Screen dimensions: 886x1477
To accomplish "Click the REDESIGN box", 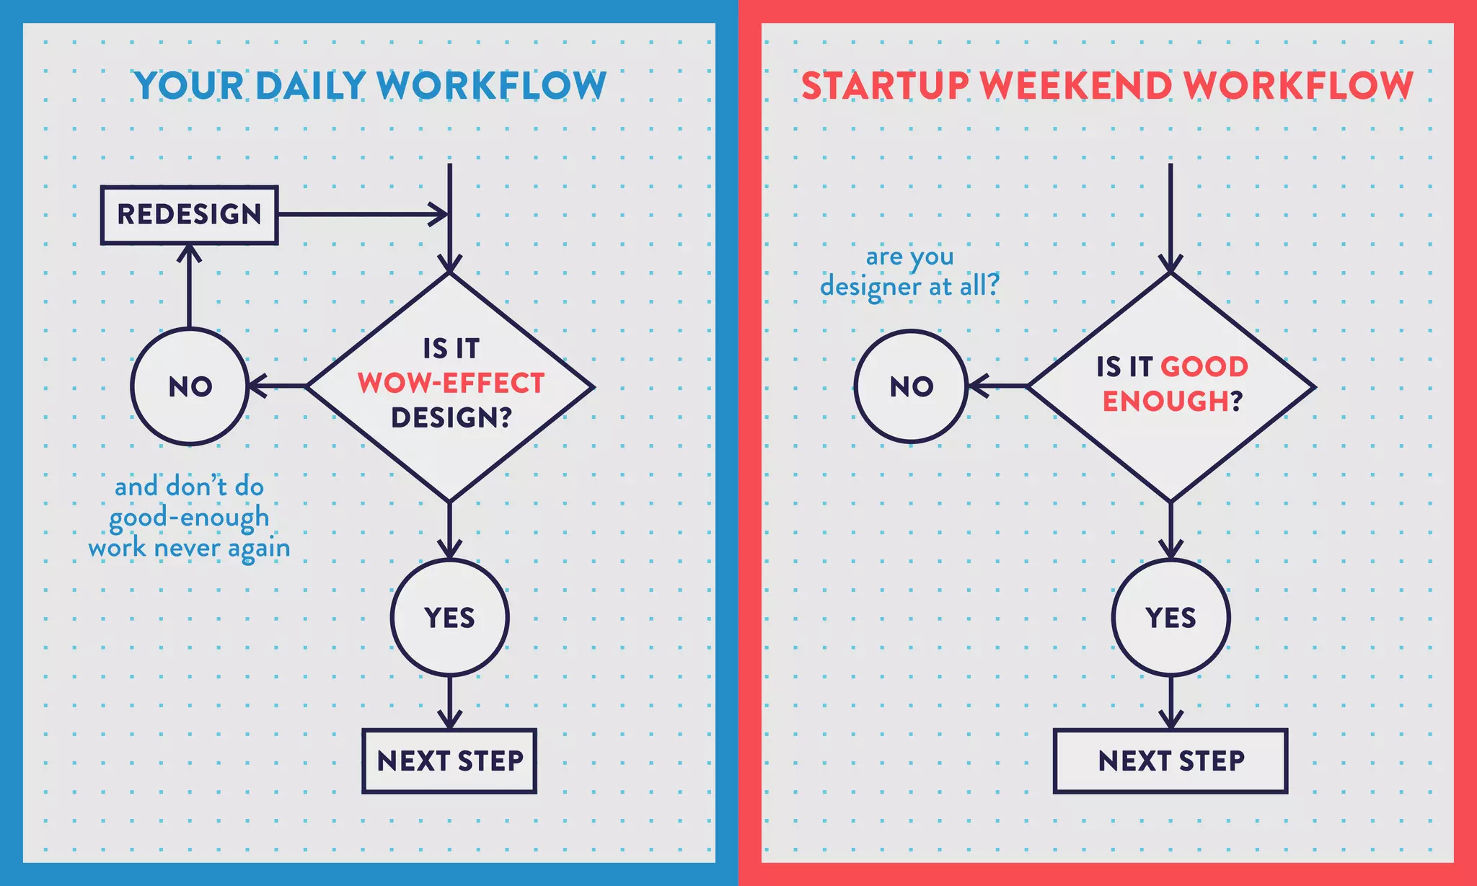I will click(x=189, y=215).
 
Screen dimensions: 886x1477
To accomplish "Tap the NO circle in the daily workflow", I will click(x=190, y=386).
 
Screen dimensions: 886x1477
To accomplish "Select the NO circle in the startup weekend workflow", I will click(x=911, y=386).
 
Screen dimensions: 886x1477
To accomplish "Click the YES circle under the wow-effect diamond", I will click(x=449, y=618).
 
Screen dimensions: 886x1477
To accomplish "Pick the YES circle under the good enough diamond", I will click(x=1170, y=618).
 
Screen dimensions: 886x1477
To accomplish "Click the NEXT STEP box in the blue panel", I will click(x=449, y=761).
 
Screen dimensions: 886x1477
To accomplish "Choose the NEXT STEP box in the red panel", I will click(x=1170, y=761).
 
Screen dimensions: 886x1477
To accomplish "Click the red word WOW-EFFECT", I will click(x=451, y=384).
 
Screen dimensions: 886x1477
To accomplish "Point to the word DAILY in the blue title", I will click(x=311, y=86).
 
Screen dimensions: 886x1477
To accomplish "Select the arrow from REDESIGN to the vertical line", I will click(x=361, y=214).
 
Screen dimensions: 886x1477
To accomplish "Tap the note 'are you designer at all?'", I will click(x=909, y=272).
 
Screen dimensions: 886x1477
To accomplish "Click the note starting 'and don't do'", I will click(x=189, y=517).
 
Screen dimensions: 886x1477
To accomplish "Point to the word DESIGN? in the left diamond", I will click(x=451, y=417).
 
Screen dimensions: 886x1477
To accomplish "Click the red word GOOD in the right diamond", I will click(x=1204, y=367).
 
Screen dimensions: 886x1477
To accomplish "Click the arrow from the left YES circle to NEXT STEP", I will click(x=449, y=702).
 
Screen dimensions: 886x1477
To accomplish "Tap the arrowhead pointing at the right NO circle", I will click(x=978, y=386).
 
